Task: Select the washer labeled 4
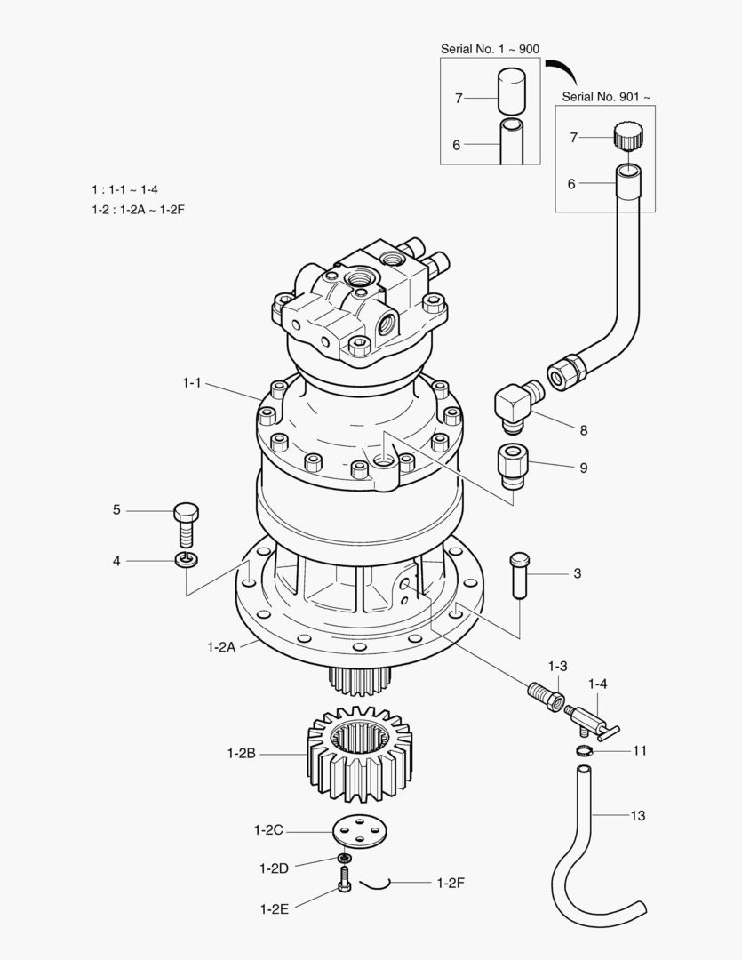(x=186, y=560)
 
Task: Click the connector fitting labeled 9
(x=512, y=466)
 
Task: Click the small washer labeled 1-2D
(x=342, y=859)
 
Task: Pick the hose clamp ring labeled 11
(x=583, y=752)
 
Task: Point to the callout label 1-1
(x=193, y=382)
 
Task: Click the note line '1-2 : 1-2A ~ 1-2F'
(x=143, y=209)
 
